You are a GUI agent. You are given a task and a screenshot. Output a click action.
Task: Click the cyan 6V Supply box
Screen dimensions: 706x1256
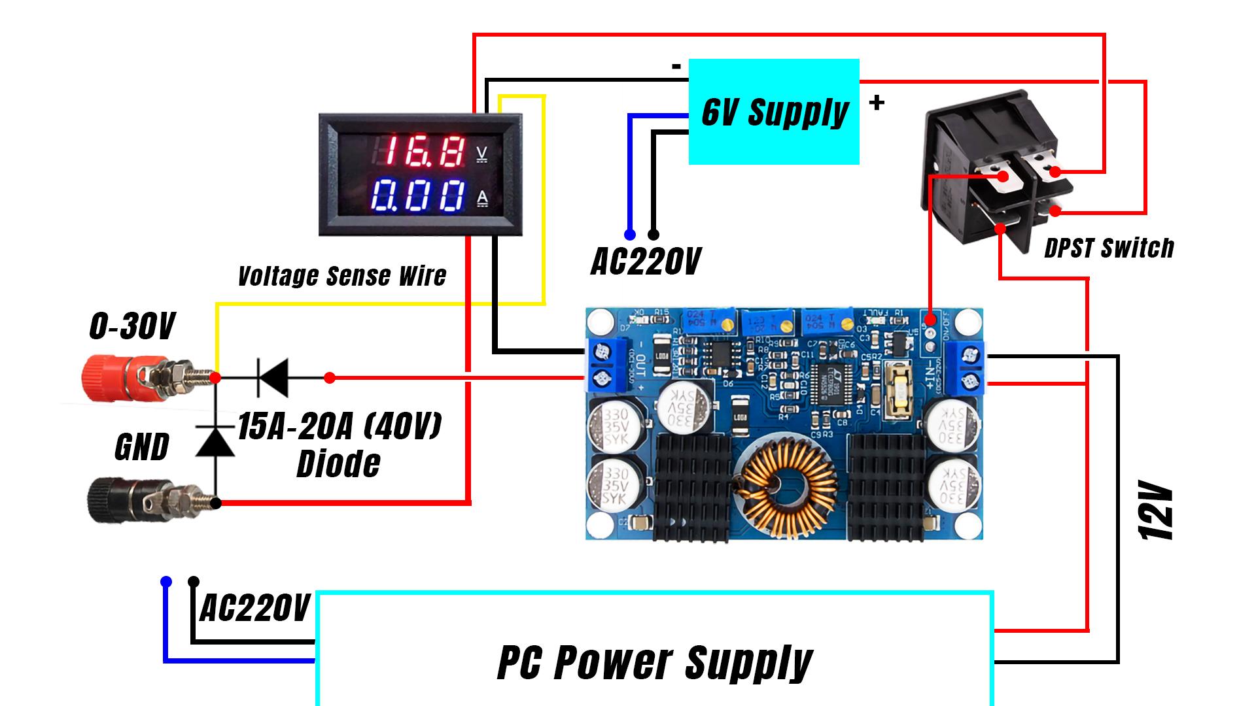pos(774,111)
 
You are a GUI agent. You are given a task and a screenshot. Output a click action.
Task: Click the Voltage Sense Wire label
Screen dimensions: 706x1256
pos(341,277)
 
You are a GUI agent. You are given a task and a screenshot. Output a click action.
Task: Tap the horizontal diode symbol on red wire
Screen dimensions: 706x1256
pos(272,378)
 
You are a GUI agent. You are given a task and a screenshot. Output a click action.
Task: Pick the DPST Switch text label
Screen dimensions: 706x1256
pos(1108,248)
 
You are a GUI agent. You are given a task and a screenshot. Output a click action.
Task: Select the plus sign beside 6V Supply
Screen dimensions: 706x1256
pos(877,103)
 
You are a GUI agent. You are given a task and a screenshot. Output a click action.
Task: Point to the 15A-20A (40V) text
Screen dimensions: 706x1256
pos(339,427)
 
